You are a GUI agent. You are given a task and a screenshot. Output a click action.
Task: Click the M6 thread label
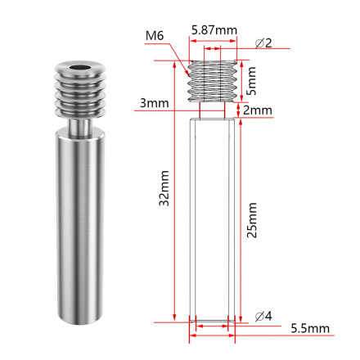pos(155,36)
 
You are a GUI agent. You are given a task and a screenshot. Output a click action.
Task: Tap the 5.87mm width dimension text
pos(214,30)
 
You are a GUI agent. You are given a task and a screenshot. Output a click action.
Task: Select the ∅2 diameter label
pos(263,43)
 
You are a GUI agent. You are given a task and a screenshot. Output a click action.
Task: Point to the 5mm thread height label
pos(251,81)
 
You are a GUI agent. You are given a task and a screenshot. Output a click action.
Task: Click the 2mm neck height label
pos(258,110)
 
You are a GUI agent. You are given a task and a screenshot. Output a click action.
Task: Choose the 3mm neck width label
pos(154,103)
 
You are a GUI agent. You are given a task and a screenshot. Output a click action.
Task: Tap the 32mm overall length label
pos(164,188)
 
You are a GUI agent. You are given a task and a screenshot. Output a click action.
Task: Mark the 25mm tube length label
pos(252,220)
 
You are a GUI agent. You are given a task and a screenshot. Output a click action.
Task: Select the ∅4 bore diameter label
pos(263,316)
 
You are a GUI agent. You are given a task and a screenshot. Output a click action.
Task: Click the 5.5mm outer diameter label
pos(310,328)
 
